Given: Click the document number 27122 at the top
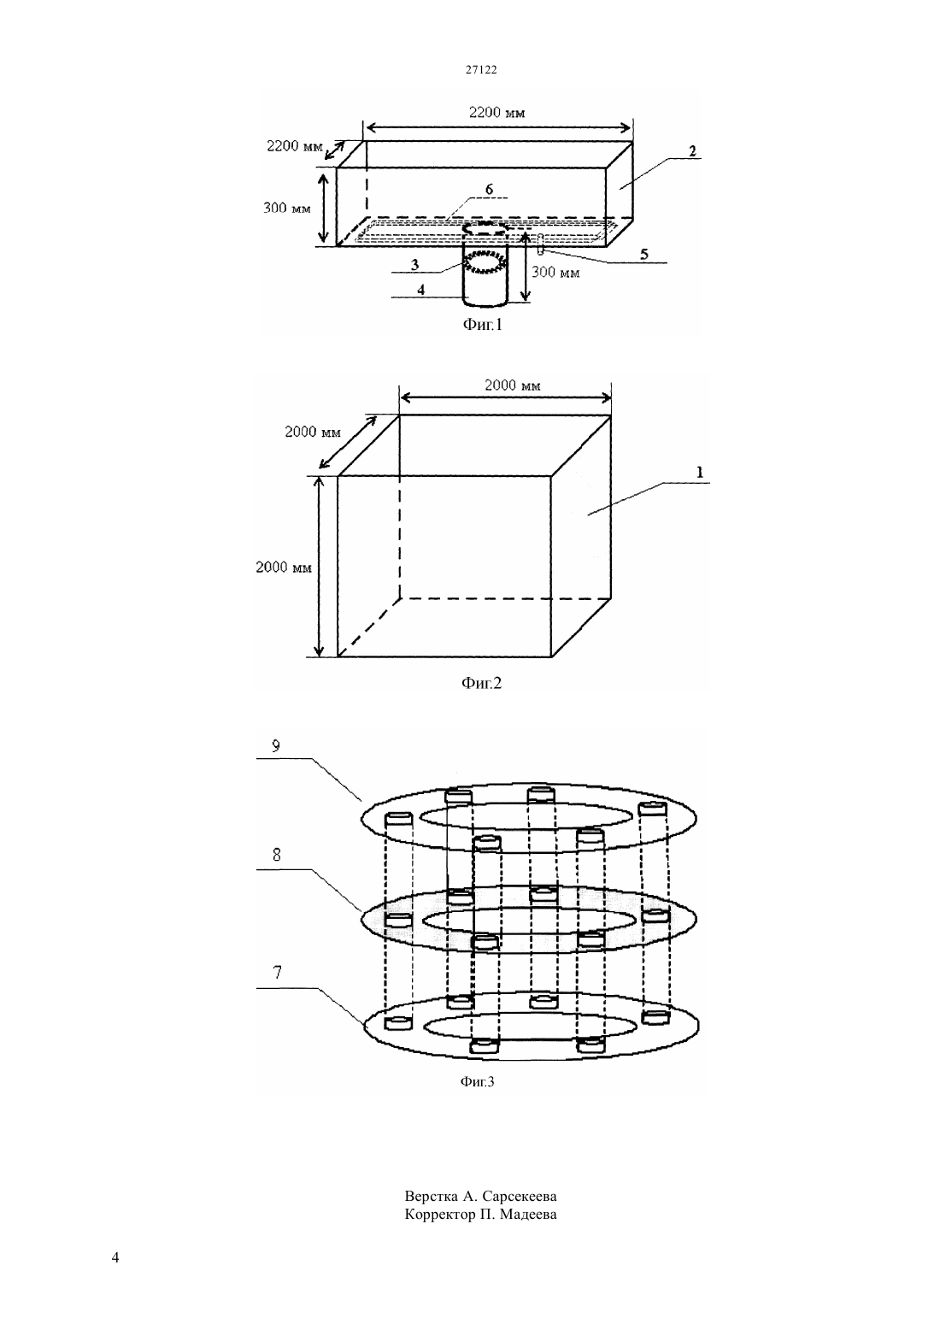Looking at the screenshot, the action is (480, 69).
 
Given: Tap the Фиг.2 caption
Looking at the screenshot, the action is (481, 683).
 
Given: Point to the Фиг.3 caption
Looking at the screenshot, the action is (477, 1081).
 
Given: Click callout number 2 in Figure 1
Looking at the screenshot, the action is (692, 150).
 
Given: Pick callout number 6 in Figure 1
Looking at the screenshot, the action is (489, 189).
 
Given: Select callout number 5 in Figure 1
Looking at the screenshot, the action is (643, 254).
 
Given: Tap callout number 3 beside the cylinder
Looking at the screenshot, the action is (414, 264).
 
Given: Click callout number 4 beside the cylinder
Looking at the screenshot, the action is (420, 290).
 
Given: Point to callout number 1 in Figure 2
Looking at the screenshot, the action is (700, 472).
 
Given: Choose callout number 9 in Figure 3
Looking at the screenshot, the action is (276, 746).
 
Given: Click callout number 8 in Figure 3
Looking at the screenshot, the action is (277, 855).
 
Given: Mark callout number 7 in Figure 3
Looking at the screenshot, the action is (277, 973).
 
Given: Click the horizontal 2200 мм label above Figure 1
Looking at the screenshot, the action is (496, 112).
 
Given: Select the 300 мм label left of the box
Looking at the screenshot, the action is (287, 208).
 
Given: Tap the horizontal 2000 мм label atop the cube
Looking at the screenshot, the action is (513, 385).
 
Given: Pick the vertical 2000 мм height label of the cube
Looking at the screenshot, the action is (284, 567).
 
